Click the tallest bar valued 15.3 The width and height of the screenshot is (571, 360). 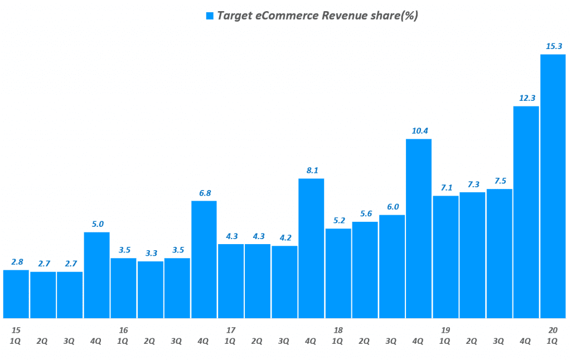(x=553, y=186)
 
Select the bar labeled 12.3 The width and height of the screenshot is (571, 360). (x=526, y=212)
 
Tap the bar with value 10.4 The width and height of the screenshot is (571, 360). (x=419, y=228)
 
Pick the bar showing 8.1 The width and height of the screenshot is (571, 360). (x=311, y=248)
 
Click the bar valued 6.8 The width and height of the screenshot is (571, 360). (x=204, y=259)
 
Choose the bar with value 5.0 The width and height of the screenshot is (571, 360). (x=97, y=275)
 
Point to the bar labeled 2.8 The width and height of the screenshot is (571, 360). (x=16, y=294)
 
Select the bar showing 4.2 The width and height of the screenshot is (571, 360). (x=284, y=281)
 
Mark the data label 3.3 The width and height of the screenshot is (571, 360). (x=150, y=253)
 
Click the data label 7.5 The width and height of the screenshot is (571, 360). (x=499, y=181)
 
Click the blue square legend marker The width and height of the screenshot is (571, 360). (x=210, y=16)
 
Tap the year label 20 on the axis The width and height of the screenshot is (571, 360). (x=553, y=330)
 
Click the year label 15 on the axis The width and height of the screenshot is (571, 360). (x=16, y=330)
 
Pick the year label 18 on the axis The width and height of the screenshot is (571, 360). (x=338, y=330)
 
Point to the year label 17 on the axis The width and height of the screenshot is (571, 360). (x=230, y=330)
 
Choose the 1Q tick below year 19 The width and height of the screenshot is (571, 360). (x=445, y=341)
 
